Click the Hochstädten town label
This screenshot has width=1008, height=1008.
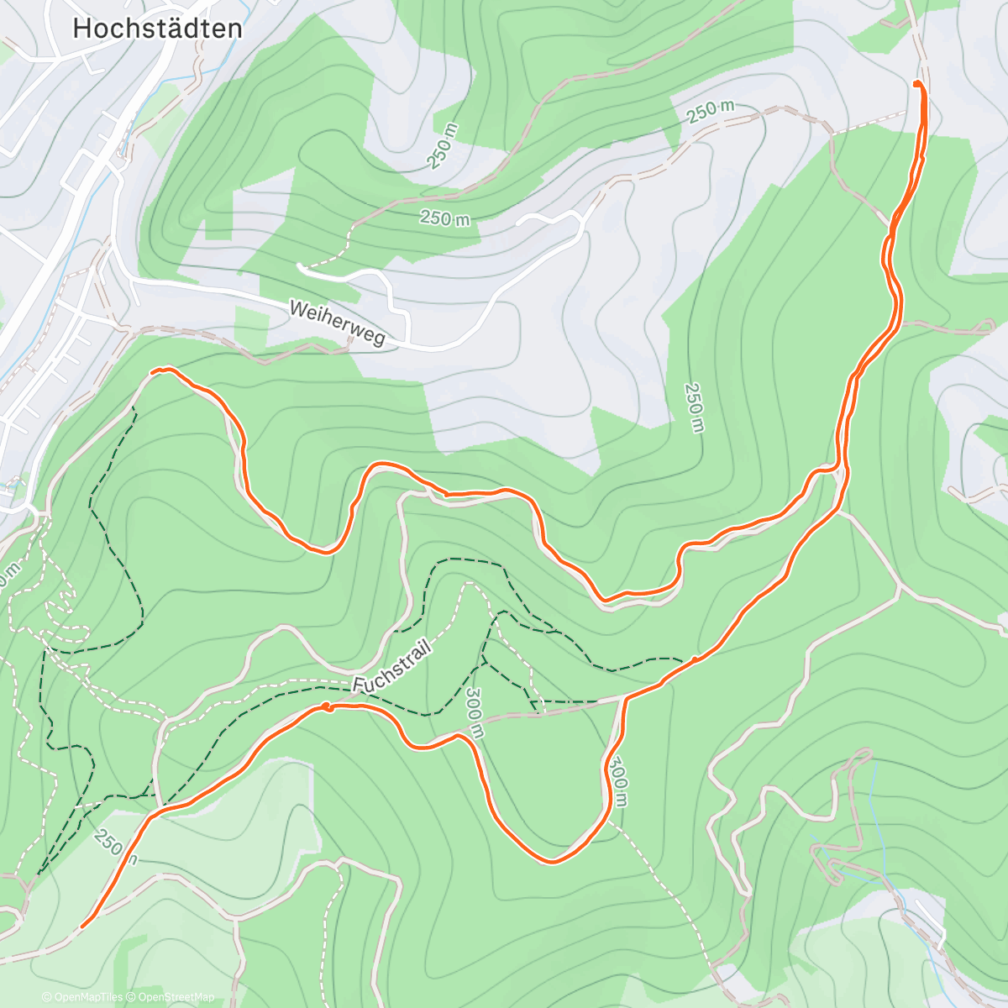(x=157, y=29)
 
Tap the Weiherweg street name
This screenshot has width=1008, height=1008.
(x=336, y=323)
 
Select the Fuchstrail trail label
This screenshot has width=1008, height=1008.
(x=391, y=668)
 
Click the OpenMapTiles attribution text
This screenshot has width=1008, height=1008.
(x=87, y=997)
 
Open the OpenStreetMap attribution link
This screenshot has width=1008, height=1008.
(x=176, y=997)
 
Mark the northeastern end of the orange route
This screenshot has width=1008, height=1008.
(x=916, y=83)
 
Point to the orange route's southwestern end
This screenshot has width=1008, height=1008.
(x=82, y=926)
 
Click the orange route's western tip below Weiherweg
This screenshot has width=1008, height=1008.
(x=153, y=370)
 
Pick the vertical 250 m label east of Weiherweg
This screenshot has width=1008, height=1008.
(x=693, y=407)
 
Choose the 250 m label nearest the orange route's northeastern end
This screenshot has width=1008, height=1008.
(x=710, y=110)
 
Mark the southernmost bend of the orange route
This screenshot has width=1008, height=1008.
(x=551, y=861)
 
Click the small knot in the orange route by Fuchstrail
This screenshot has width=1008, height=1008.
(x=327, y=707)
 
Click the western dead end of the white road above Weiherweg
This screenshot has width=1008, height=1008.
(x=300, y=266)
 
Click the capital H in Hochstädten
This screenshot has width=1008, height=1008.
(x=82, y=29)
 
